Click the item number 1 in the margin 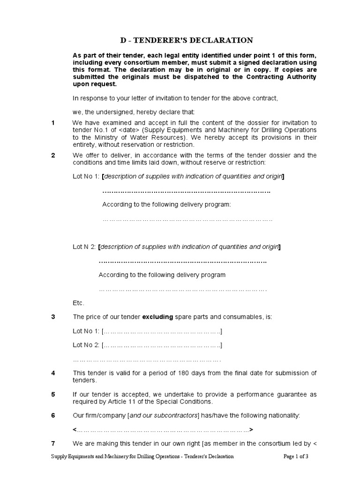53,123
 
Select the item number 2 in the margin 53,155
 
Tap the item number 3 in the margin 53,317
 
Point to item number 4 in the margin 53,373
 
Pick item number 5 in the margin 53,394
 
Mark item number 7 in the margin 53,443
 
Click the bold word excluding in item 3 157,317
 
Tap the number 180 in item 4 182,373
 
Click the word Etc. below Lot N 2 78,303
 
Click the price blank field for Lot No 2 162,345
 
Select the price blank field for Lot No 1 162,331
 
